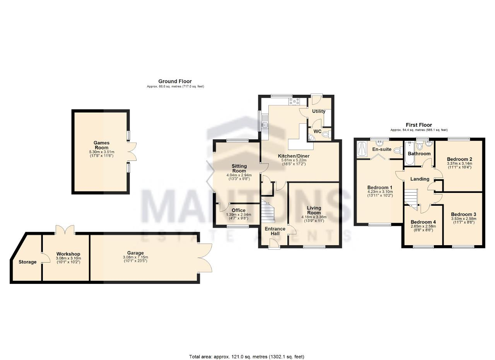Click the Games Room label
click(101, 145)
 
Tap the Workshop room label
click(68, 254)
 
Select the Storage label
click(27, 262)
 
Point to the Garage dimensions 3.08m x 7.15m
click(135, 257)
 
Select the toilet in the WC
click(326, 134)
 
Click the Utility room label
click(319, 111)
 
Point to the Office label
click(239, 210)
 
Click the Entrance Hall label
click(275, 231)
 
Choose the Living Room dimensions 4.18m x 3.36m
click(314, 217)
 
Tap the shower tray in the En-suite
click(362, 149)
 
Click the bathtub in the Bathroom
click(410, 153)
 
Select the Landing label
click(420, 179)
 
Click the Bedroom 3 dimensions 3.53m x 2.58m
click(464, 218)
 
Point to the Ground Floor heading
click(175, 81)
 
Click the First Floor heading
click(419, 125)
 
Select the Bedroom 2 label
click(459, 159)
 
